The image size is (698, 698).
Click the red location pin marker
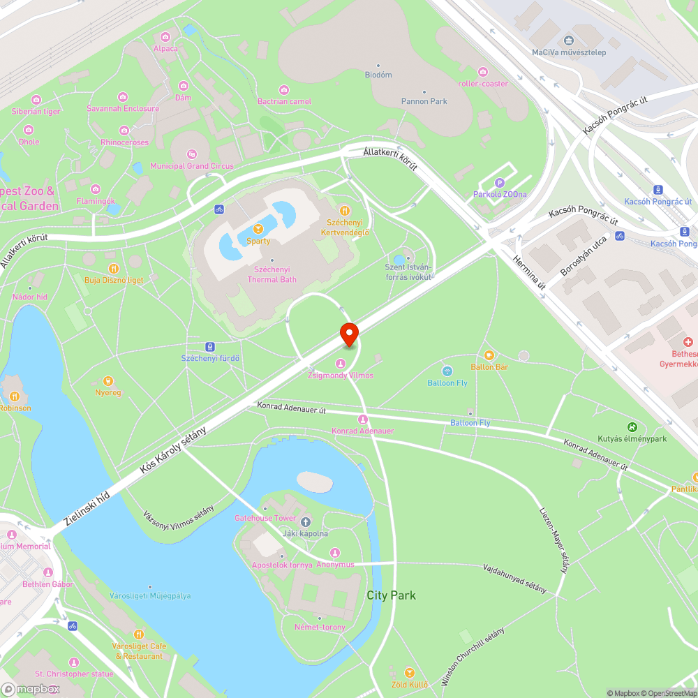pos(349,334)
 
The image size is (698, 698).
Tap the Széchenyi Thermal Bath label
pos(272,274)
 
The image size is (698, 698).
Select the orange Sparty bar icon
pos(258,228)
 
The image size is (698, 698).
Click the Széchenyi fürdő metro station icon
pos(210,346)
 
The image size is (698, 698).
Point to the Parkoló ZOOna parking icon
pos(499,182)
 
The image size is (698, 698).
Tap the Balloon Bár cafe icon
pos(489,355)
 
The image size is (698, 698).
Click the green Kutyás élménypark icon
pos(632,426)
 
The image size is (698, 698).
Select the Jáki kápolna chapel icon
pos(305,521)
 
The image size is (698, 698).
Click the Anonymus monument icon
pos(335,553)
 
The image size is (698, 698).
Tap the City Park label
pos(391,595)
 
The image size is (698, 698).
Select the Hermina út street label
pos(529,273)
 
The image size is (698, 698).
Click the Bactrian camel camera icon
pos(284,89)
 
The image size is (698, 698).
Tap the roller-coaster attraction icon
pos(483,72)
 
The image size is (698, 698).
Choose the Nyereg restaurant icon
pos(107,380)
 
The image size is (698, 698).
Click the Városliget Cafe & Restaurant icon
pos(138,634)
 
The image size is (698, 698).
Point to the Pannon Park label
pos(424,101)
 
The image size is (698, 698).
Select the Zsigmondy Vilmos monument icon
pos(341,363)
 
